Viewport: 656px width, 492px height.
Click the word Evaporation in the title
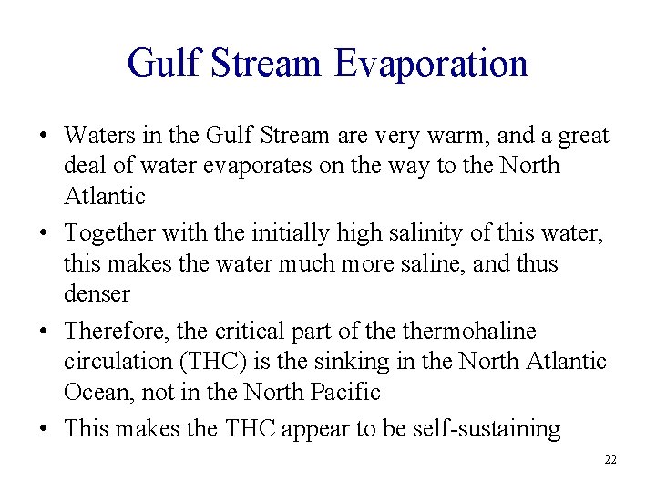431,64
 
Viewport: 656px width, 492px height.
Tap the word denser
97,294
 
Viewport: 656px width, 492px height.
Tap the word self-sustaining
483,429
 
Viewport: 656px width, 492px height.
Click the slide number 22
610,459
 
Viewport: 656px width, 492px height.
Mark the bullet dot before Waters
45,137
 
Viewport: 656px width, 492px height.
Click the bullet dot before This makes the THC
45,429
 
